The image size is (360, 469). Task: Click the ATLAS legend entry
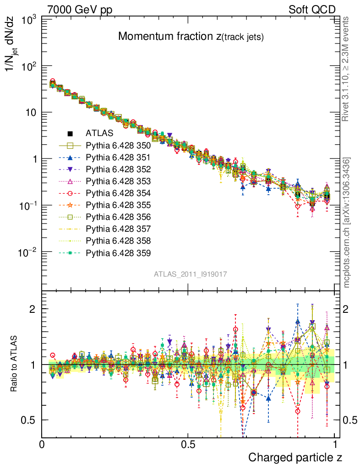click(96, 134)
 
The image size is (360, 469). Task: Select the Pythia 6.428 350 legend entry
click(118, 146)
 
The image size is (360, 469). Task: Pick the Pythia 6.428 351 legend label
click(118, 158)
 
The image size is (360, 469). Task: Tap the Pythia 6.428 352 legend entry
click(118, 169)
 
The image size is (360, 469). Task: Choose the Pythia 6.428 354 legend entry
click(118, 193)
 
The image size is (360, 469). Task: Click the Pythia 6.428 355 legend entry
click(118, 205)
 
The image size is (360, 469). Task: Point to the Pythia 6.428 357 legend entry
click(118, 229)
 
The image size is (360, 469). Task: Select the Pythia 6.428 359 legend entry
click(118, 253)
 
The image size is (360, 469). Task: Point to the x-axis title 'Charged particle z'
click(295, 457)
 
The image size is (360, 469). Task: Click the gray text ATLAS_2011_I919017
click(191, 274)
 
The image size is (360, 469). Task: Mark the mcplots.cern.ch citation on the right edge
click(348, 223)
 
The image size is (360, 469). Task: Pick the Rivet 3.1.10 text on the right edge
click(348, 69)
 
